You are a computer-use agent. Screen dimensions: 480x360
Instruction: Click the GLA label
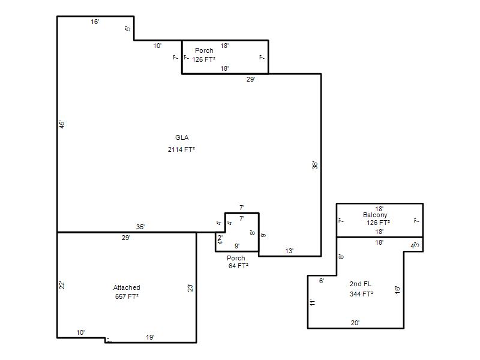(182, 138)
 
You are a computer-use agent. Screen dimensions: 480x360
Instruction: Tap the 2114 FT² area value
(182, 149)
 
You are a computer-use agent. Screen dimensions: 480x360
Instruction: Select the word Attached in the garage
(127, 287)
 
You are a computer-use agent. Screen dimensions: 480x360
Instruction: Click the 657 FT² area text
(127, 296)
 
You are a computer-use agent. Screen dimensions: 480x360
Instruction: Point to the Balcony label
(375, 215)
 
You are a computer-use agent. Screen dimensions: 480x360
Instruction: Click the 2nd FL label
(361, 284)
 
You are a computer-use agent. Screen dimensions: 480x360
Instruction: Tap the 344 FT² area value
(362, 294)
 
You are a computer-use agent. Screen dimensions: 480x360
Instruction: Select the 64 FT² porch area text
(238, 266)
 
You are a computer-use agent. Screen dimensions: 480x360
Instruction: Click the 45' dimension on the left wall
(62, 124)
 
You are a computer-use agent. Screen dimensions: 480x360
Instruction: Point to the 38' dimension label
(315, 166)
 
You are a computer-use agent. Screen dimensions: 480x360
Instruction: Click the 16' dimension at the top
(95, 22)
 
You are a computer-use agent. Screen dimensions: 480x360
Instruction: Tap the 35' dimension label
(140, 227)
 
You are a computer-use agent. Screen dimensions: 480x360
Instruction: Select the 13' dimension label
(289, 251)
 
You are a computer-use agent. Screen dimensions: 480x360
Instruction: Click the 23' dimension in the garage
(190, 288)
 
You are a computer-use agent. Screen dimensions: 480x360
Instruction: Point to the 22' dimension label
(62, 286)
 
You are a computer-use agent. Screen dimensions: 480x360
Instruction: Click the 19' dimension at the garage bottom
(150, 337)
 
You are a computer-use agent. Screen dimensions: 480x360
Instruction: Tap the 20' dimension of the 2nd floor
(355, 323)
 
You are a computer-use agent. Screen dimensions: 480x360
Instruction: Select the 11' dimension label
(313, 302)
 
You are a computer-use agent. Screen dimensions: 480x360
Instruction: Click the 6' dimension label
(322, 281)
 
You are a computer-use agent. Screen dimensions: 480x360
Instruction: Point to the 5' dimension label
(128, 28)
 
